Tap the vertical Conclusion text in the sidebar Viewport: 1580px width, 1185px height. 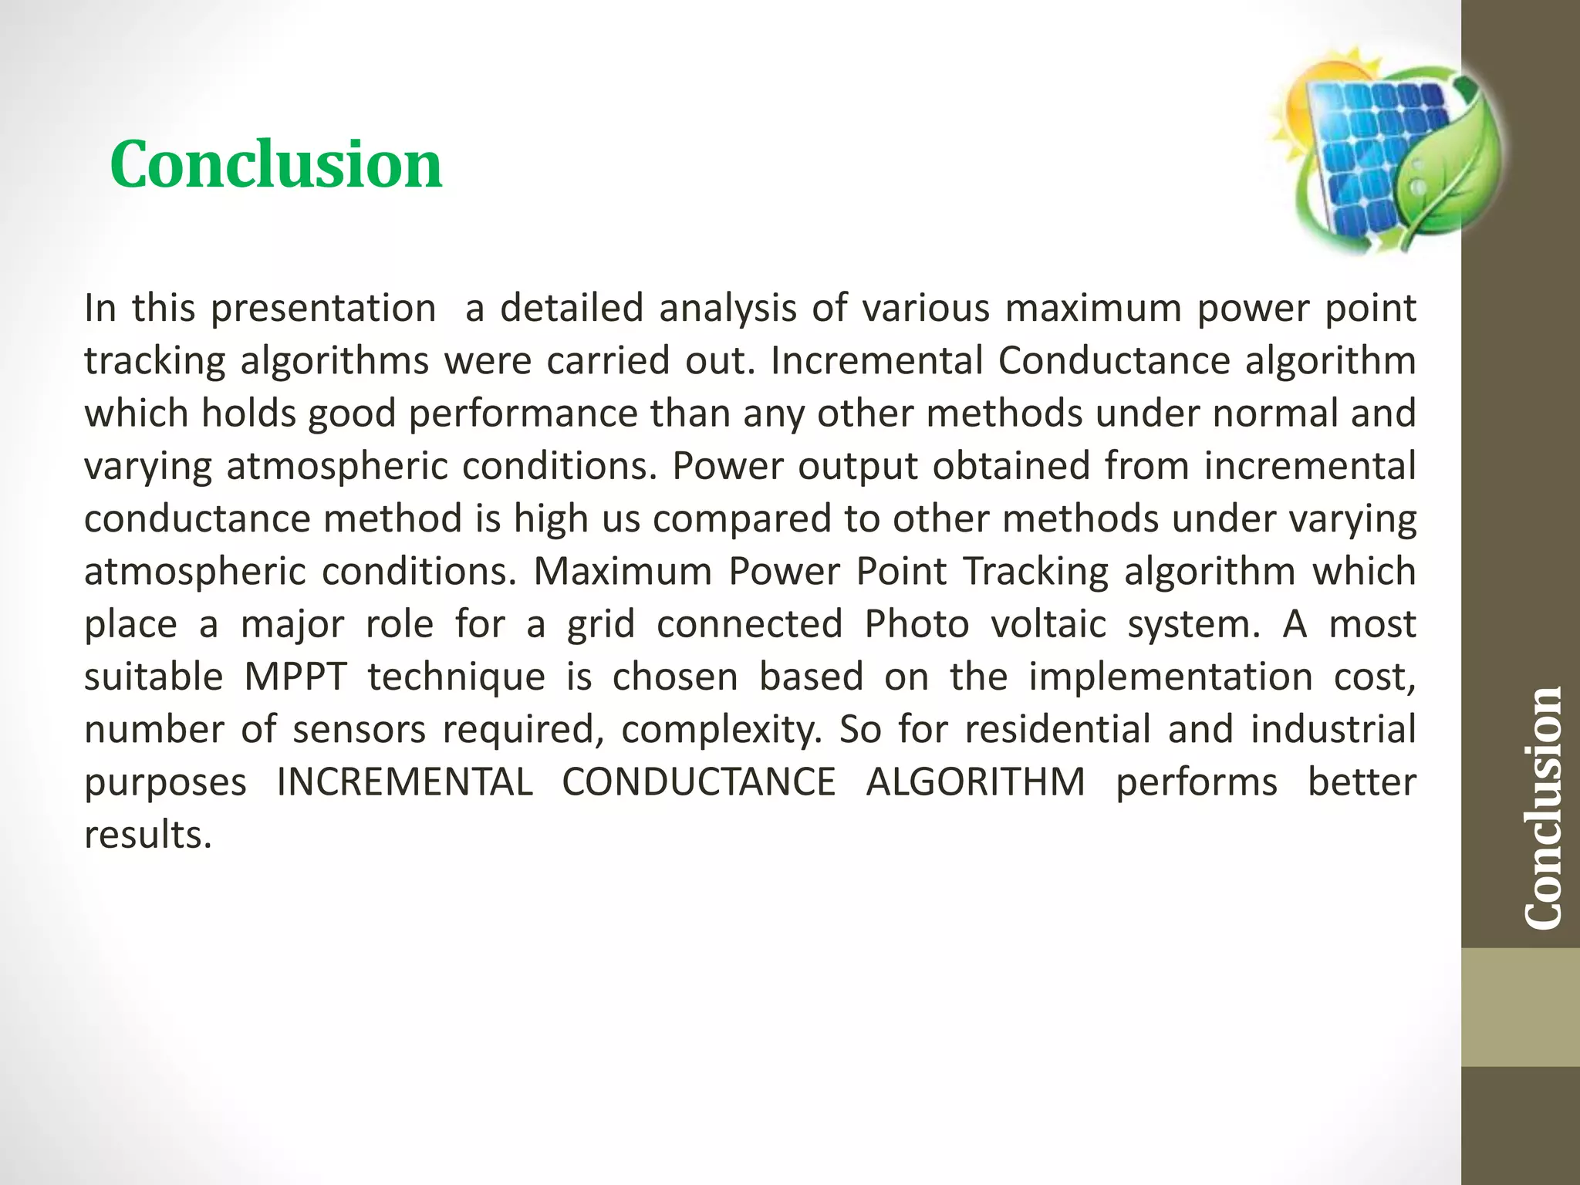[x=1544, y=807]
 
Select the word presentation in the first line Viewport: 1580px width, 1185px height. [x=324, y=309]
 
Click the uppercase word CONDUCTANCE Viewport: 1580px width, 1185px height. [x=699, y=782]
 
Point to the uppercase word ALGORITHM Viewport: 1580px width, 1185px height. [x=976, y=782]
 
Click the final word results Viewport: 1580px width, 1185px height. [x=147, y=835]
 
